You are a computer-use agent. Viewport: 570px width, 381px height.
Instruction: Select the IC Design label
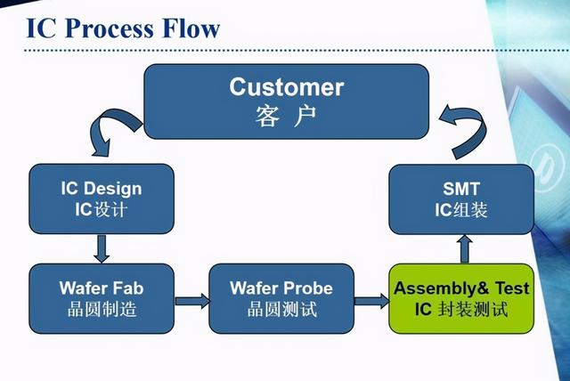pos(101,189)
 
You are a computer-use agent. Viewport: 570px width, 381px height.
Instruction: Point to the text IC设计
pos(101,211)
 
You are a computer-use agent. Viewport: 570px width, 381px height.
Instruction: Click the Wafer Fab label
pos(101,288)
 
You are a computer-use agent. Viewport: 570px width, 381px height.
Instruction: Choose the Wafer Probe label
pos(281,288)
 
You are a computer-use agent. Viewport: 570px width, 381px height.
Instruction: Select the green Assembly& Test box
pos(461,298)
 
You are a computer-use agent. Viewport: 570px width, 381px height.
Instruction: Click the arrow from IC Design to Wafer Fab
pos(102,248)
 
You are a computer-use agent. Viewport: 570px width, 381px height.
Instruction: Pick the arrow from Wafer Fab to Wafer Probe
pos(191,301)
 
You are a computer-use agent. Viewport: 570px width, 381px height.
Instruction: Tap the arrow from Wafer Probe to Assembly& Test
pos(371,301)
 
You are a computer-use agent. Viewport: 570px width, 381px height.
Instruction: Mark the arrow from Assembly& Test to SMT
pos(464,248)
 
